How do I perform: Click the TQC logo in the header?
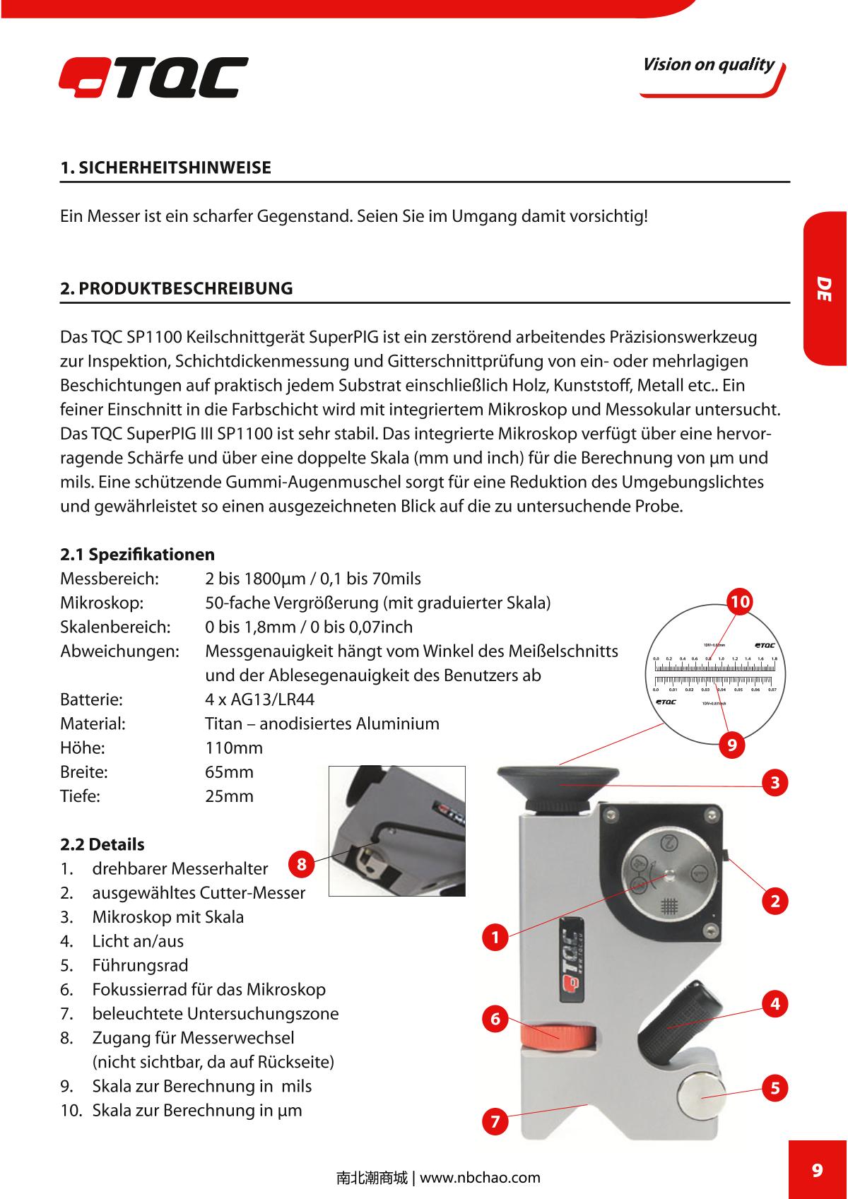[153, 77]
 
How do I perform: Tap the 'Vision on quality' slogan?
[708, 65]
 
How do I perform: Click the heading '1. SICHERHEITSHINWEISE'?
[165, 168]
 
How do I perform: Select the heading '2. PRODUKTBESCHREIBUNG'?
[176, 288]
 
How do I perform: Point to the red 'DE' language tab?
[825, 288]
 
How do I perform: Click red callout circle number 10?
[740, 602]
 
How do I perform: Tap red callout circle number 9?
[732, 745]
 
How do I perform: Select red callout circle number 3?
[775, 783]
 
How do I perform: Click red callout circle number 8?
[301, 864]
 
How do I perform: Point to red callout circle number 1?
[495, 938]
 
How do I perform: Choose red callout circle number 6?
[495, 1019]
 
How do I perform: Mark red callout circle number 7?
[495, 1121]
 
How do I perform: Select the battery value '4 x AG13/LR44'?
[259, 699]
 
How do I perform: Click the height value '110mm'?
[233, 748]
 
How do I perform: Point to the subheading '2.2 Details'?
[102, 844]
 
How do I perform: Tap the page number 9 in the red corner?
[818, 1170]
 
